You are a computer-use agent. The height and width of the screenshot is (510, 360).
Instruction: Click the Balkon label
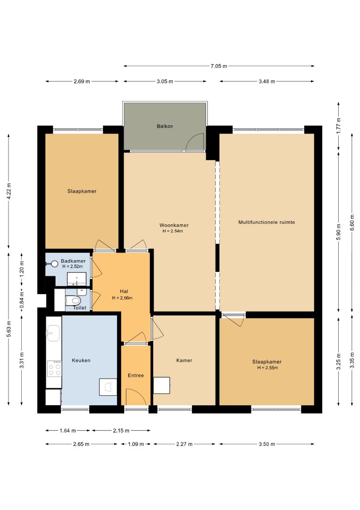165,126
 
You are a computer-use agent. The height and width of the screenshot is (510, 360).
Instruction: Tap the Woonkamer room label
174,225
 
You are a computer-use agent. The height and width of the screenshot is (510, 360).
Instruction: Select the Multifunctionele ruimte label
267,222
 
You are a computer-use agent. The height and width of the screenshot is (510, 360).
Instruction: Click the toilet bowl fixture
73,300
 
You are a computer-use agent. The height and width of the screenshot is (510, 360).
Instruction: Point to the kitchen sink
53,333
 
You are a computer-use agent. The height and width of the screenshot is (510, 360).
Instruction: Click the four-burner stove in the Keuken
54,368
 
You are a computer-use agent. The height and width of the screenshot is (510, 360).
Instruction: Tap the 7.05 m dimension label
218,66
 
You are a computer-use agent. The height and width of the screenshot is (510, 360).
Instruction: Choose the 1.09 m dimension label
135,444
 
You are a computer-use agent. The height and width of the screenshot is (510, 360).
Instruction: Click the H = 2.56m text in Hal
122,297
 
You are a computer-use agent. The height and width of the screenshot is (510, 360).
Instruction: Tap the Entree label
135,375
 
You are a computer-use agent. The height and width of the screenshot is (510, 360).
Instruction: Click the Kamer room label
184,360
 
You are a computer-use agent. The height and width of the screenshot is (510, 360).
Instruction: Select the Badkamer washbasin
77,279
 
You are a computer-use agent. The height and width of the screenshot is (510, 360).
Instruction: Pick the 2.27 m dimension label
184,444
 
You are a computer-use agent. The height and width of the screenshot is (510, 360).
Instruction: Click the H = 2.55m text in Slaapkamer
268,368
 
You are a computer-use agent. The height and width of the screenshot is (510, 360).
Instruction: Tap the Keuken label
81,360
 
